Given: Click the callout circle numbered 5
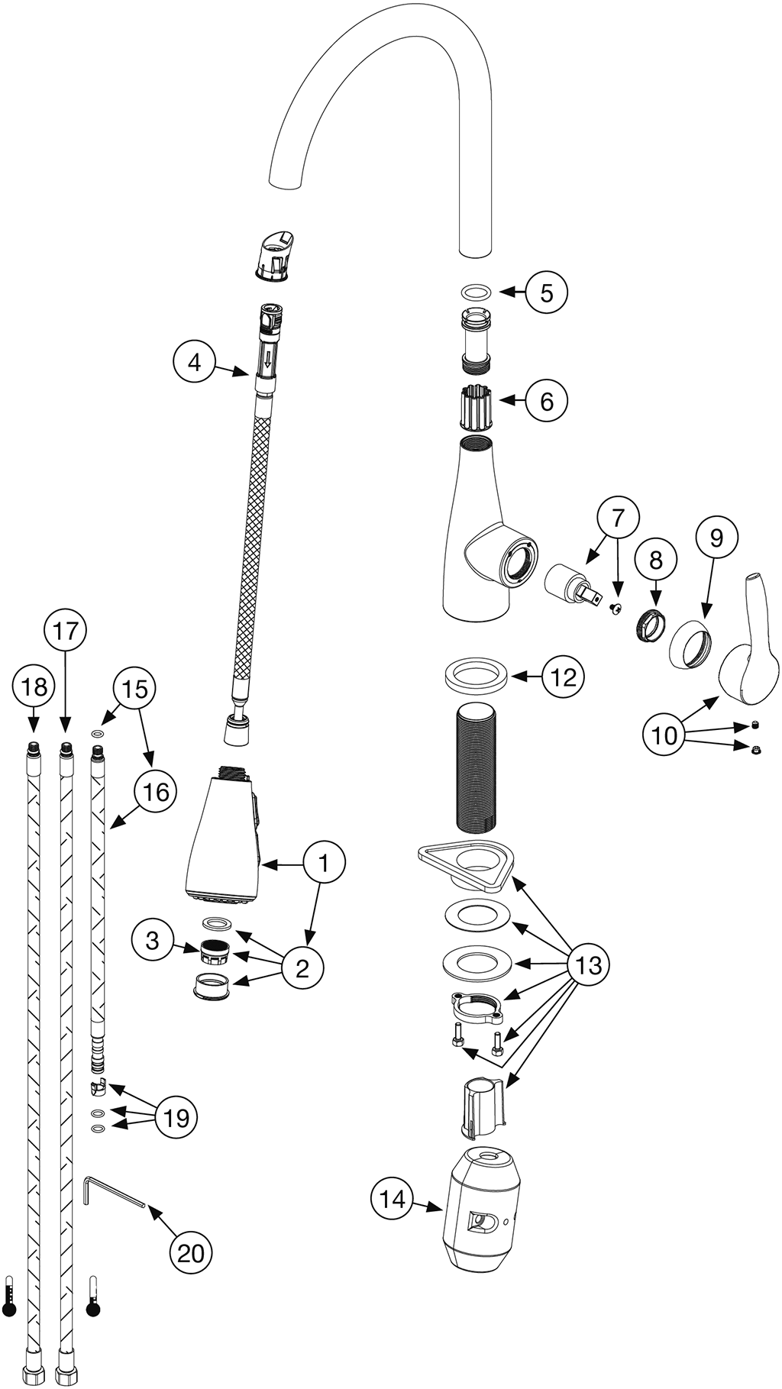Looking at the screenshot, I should coord(546,292).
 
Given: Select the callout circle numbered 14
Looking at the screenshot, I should coord(393,1199).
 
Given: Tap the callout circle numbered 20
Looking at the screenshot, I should coord(191,1252).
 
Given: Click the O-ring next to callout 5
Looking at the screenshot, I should coord(477,292).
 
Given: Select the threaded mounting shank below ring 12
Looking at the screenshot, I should coord(477,770).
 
